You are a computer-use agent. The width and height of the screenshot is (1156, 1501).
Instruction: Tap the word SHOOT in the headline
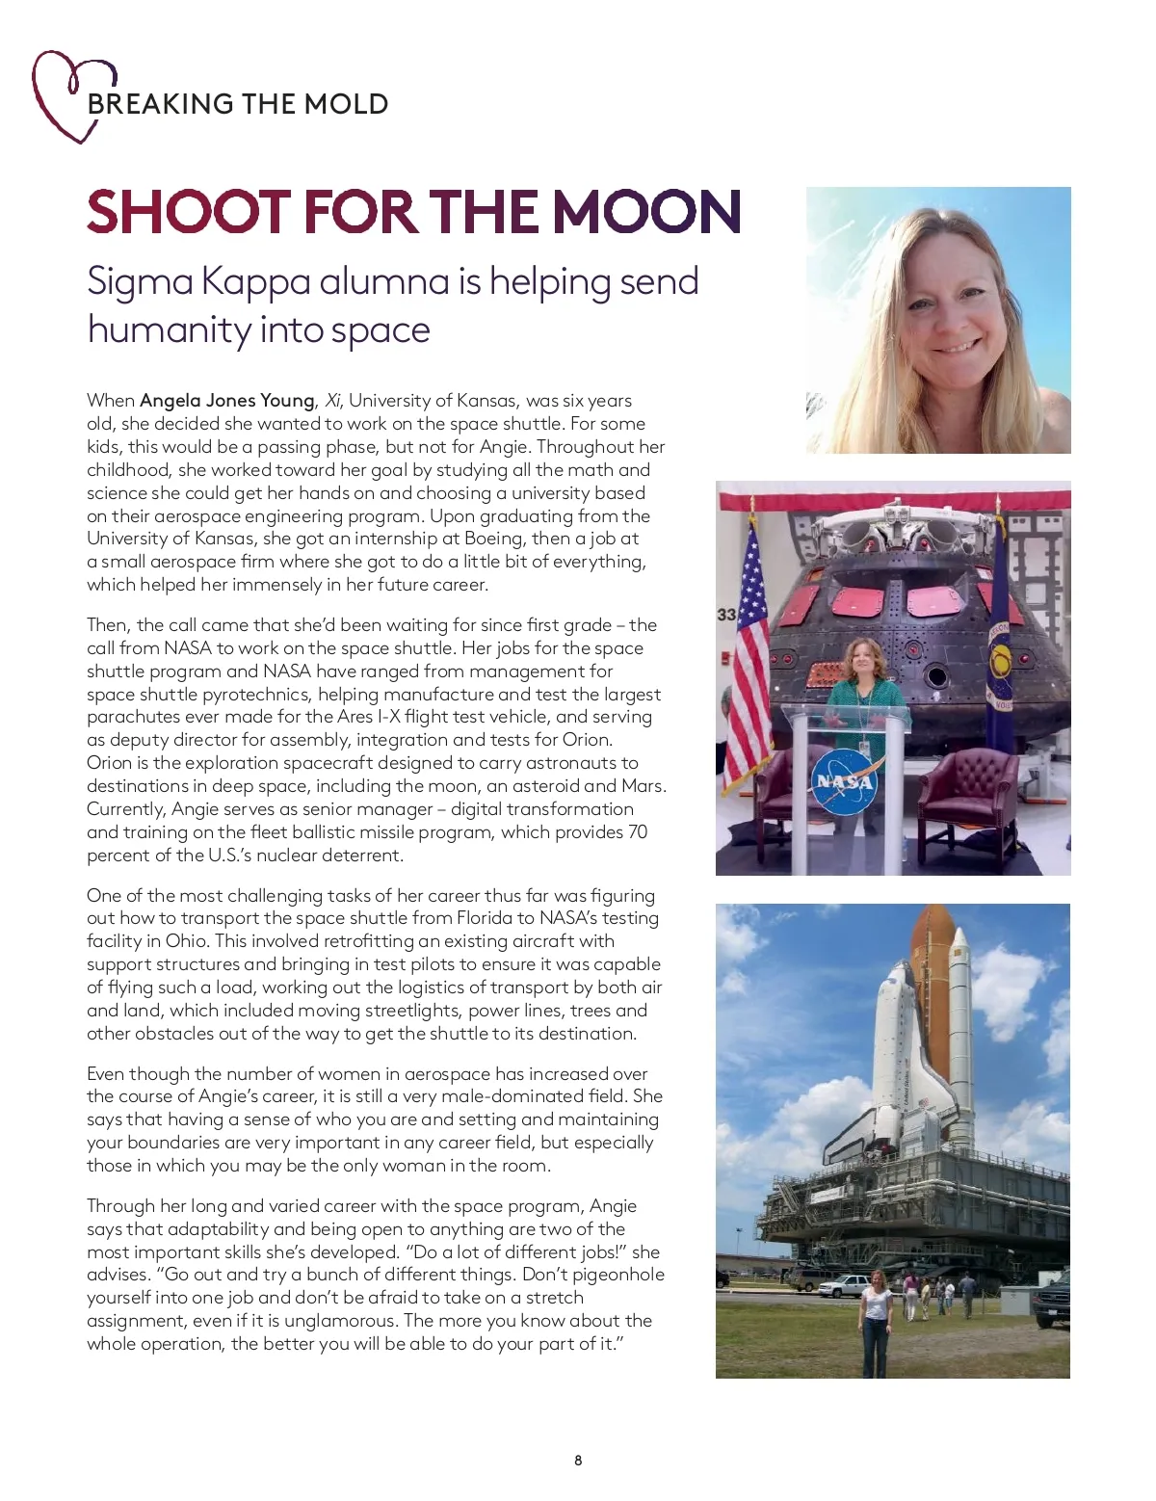point(189,212)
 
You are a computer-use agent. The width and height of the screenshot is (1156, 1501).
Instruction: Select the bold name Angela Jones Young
point(227,401)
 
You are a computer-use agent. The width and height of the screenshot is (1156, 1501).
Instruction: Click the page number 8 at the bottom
point(578,1461)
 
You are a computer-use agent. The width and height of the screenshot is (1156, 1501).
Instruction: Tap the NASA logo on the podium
point(845,781)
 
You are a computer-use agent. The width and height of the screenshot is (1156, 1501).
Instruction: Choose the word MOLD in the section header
point(346,104)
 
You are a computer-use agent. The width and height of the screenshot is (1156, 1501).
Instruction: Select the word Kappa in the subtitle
point(255,281)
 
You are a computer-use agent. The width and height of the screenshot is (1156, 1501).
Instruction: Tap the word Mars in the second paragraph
point(642,786)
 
